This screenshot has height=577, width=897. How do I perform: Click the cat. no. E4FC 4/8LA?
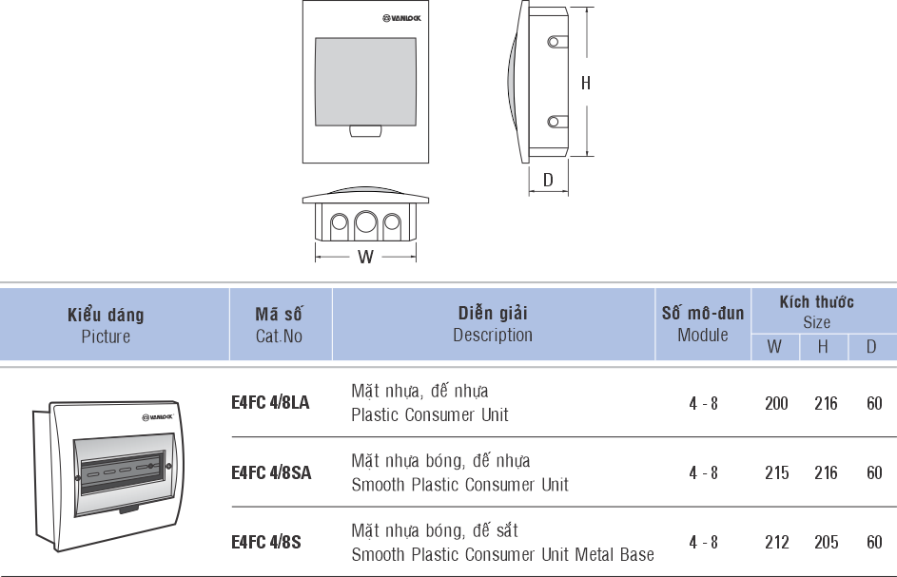(x=270, y=403)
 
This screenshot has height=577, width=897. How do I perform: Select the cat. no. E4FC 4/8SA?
(x=270, y=472)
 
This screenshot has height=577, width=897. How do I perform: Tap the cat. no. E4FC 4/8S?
(x=265, y=542)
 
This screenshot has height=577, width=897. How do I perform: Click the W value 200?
(x=776, y=403)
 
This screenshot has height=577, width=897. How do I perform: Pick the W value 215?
(x=776, y=472)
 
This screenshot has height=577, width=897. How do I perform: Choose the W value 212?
(x=776, y=542)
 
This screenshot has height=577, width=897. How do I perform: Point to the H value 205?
(x=826, y=542)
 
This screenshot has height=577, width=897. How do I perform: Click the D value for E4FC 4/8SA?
(x=874, y=472)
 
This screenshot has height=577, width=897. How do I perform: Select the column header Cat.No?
(x=279, y=336)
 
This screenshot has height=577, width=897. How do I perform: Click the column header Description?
(x=493, y=335)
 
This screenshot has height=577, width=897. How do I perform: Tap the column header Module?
(x=703, y=335)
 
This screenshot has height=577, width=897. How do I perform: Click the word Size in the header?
(x=816, y=321)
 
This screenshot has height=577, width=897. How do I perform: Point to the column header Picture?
(x=106, y=337)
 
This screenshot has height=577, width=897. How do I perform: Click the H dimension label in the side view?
(x=586, y=83)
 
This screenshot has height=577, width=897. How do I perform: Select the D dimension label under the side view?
(x=548, y=180)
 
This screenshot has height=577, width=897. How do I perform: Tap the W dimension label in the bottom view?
(x=365, y=257)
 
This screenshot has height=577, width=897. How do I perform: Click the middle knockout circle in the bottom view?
(x=365, y=224)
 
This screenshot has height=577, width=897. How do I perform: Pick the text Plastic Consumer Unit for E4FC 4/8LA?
(x=430, y=415)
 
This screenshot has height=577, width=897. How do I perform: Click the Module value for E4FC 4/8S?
(x=703, y=542)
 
